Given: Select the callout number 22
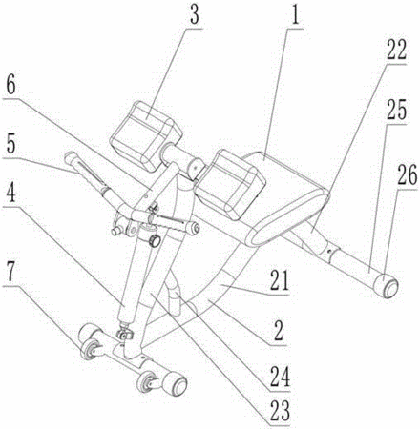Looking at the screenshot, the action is [x=396, y=50].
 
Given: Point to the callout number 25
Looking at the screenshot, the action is [x=396, y=111].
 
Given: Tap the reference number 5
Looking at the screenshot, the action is [x=10, y=144].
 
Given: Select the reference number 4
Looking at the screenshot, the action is [x=10, y=193].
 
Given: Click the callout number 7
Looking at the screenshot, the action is [x=10, y=272].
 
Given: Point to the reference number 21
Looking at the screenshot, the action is [x=280, y=280].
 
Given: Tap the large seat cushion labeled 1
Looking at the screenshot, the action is [x=285, y=196].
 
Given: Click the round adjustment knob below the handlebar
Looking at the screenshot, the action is [x=155, y=240].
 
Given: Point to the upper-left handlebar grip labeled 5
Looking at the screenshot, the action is [x=84, y=171].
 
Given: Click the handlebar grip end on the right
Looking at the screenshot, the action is [x=194, y=228].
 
